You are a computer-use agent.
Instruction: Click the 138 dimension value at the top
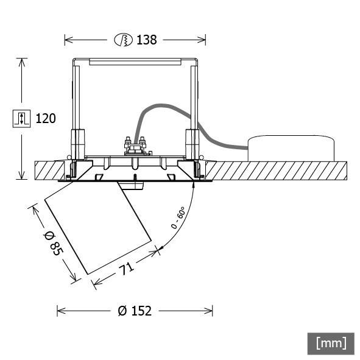(146, 40)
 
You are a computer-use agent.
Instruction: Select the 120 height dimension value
(45, 118)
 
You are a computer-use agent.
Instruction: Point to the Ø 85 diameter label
(52, 242)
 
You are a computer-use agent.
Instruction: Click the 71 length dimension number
(125, 267)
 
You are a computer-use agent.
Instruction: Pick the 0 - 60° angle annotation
(178, 218)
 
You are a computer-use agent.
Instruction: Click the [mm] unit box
(330, 342)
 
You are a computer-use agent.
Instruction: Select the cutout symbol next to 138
(123, 40)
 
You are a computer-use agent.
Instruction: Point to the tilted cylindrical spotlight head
(97, 228)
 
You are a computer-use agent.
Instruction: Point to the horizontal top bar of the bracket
(135, 62)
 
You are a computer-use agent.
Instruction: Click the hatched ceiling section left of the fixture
(46, 170)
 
